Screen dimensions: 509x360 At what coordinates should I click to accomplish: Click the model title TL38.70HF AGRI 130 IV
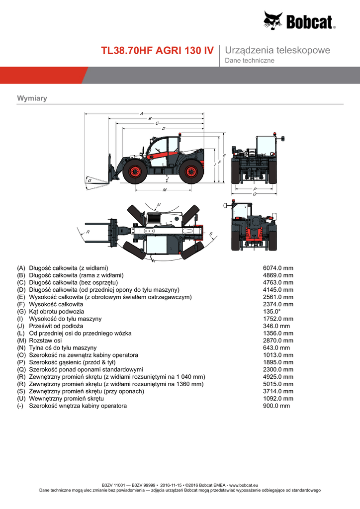coord(158,51)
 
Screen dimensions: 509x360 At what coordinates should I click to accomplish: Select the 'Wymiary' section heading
coord(32,98)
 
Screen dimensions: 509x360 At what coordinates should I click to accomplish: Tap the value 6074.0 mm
coord(278,268)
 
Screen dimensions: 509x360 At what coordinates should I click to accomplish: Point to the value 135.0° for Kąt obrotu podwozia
coord(273,311)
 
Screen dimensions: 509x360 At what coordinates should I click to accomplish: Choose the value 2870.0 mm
coord(278,340)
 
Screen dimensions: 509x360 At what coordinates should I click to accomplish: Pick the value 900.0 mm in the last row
coord(276,406)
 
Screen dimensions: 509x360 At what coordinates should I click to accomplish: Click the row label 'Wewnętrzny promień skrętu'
coord(66,399)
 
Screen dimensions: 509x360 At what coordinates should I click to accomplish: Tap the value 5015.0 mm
coord(278,384)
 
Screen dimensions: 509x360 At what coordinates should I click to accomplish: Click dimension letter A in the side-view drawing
coord(142,113)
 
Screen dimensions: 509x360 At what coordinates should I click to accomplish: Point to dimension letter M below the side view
coord(164,190)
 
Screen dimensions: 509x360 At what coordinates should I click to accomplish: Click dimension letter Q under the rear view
coord(255,194)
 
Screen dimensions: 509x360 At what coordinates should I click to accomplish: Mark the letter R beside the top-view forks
coord(88,232)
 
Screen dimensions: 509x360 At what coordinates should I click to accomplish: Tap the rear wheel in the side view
coord(190,171)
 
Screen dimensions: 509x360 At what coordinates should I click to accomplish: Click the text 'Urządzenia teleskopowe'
coord(277,51)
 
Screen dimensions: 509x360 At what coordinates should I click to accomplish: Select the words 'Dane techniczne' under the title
coord(250,61)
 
